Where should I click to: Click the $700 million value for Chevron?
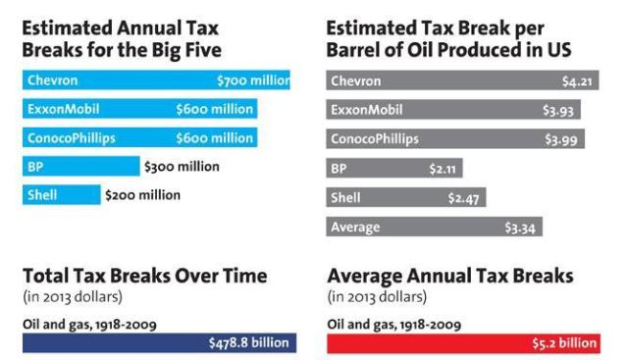[x=253, y=80]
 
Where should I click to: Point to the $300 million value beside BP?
[x=182, y=167]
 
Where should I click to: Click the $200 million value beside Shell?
[x=143, y=195]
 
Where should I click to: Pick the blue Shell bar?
[x=61, y=195]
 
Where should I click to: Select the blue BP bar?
[x=80, y=167]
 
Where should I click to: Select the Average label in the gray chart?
[x=355, y=228]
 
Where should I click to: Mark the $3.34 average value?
[x=521, y=228]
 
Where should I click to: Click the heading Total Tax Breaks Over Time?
[x=144, y=276]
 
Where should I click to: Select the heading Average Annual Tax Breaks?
[x=449, y=276]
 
